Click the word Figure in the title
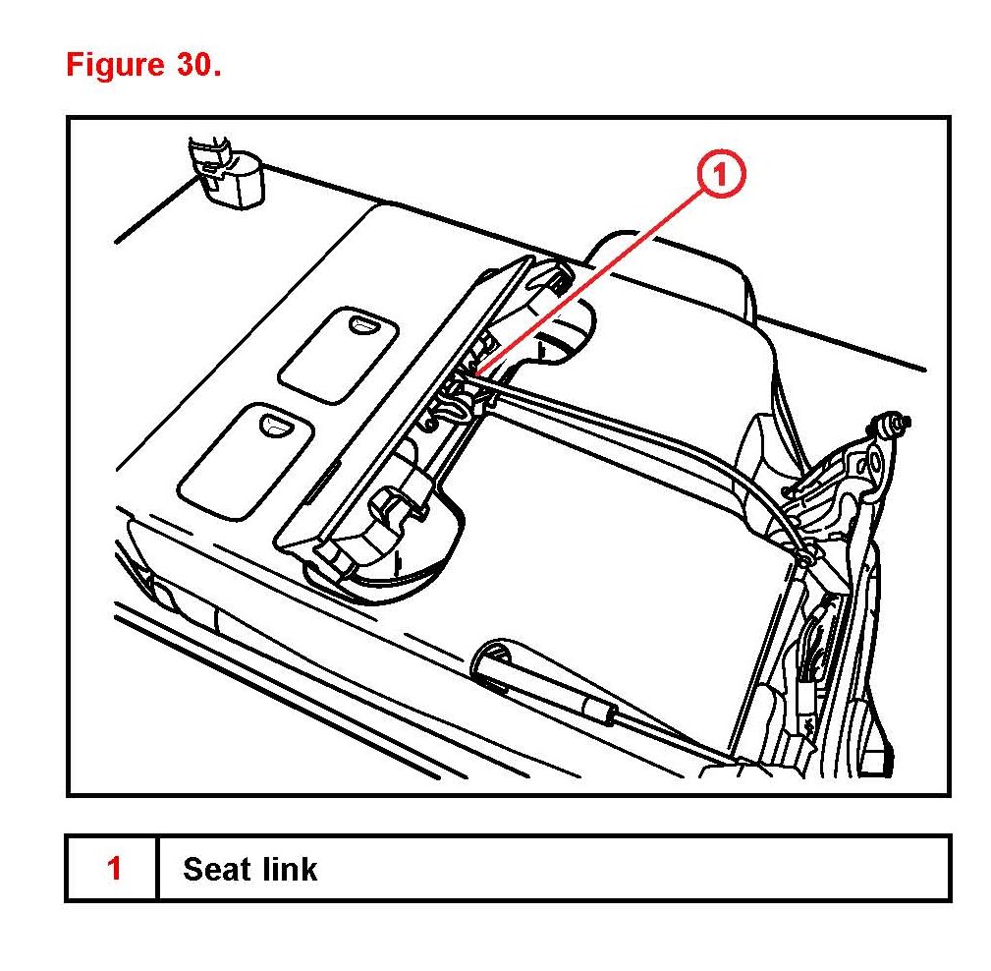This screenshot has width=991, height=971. click(113, 65)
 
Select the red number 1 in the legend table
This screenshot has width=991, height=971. click(114, 869)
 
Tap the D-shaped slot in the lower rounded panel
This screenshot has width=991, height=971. click(271, 424)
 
